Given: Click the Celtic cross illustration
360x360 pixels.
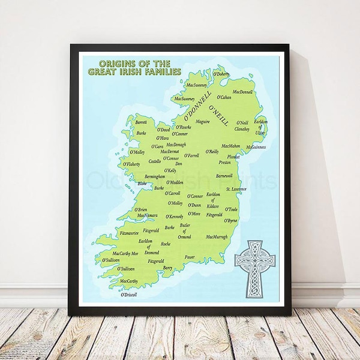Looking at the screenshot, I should coord(254,265).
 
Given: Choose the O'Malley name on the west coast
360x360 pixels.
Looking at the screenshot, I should coord(137,152).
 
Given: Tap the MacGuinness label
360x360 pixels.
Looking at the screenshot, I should coord(256,147).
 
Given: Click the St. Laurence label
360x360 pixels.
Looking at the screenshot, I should coord(236,190).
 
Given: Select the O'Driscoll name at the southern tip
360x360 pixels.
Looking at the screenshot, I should coord(129,295).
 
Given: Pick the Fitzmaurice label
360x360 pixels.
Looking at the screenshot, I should coord(130,232).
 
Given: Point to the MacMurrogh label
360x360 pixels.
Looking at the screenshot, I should coord(217,236).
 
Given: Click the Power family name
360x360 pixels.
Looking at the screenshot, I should coord(190,257).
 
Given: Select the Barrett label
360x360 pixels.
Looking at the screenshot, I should coord(142,121).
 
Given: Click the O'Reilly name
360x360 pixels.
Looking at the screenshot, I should coord(212,152).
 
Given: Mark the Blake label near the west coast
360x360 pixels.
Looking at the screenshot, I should coord(142,184).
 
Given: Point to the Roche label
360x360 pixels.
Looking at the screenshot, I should coord(166,244).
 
